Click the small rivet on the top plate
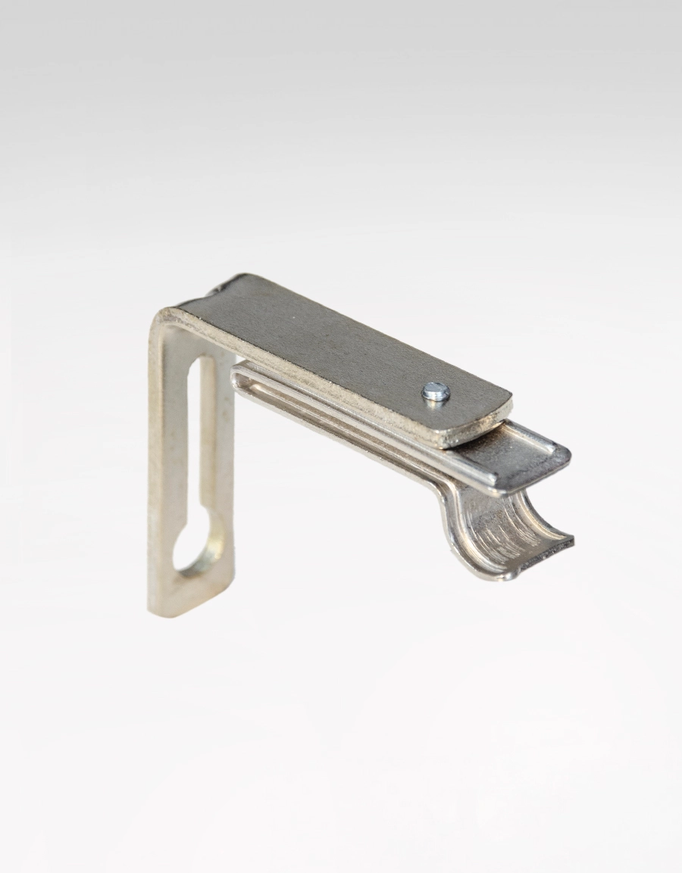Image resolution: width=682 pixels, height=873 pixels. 436,391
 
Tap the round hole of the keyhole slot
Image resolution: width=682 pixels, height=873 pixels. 198,546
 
